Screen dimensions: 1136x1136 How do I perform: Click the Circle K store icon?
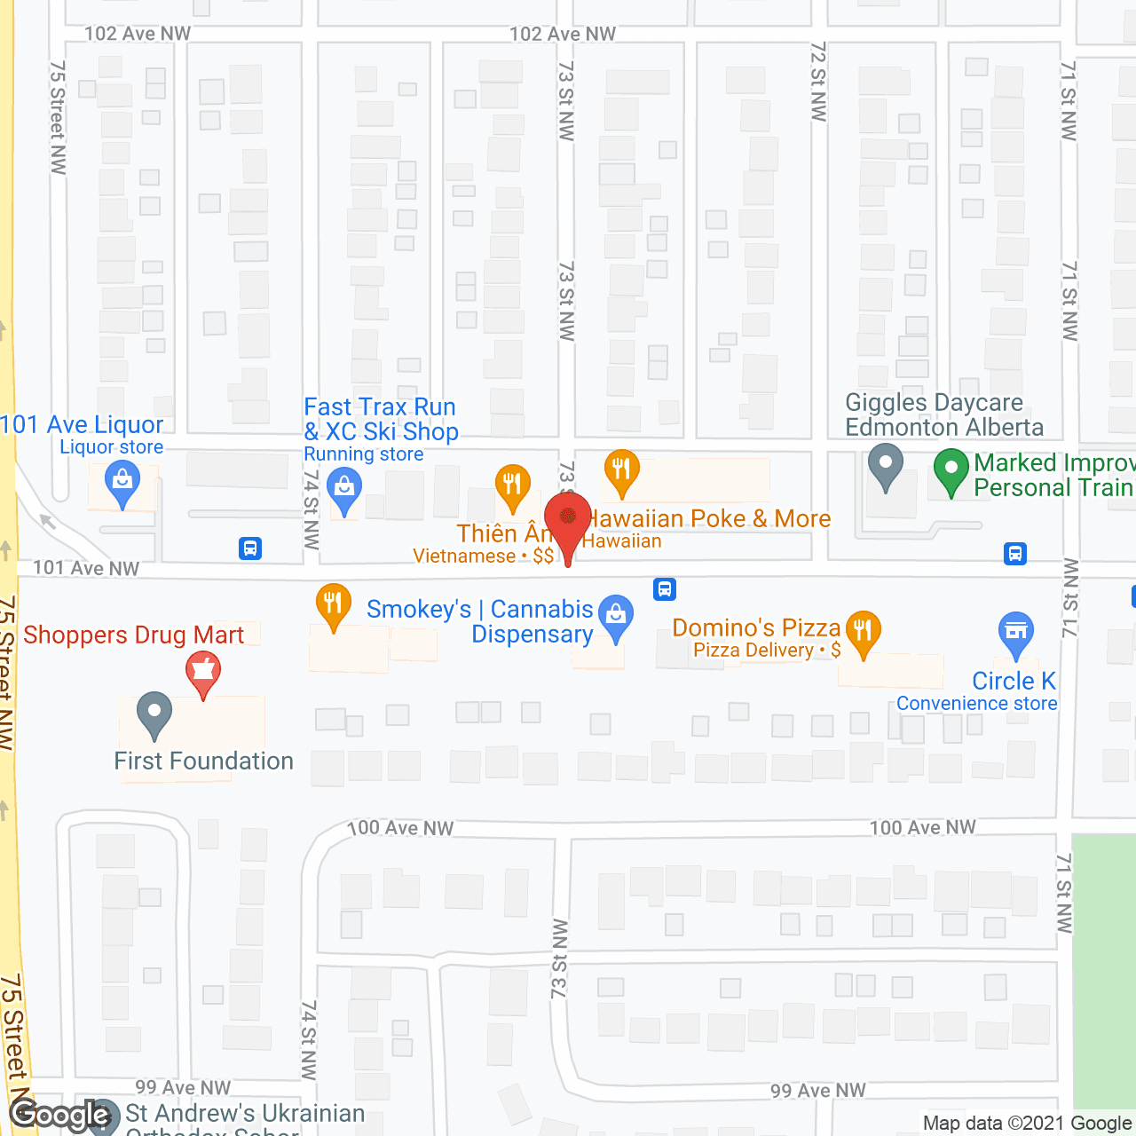coord(1015,631)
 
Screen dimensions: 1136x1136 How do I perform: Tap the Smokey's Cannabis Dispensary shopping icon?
coord(615,614)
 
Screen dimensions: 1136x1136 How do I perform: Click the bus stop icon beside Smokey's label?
coord(664,588)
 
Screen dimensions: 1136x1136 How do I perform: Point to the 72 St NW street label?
coord(818,82)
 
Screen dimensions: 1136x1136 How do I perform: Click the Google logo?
coord(60,1115)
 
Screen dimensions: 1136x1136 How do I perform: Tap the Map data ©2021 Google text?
coord(1027,1124)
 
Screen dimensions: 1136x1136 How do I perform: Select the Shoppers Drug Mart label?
coord(133,635)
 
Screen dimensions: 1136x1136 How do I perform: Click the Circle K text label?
coord(1014,681)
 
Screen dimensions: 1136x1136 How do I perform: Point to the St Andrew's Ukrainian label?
coord(245,1113)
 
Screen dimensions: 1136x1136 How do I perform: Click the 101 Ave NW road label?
coord(86,568)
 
